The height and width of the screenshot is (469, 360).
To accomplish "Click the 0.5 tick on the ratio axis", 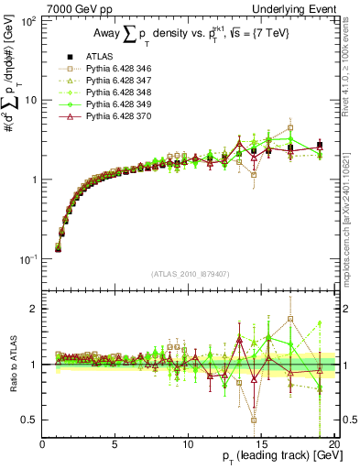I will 30,420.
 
